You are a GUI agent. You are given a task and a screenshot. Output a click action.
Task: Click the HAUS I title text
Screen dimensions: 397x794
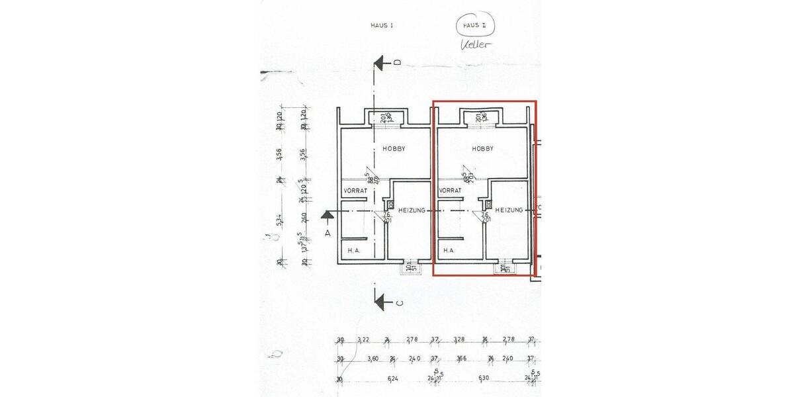(x=382, y=25)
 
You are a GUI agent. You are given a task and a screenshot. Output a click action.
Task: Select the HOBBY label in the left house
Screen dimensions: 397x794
(x=394, y=149)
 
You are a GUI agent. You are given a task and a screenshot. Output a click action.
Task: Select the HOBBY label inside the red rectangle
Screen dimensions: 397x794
(x=482, y=149)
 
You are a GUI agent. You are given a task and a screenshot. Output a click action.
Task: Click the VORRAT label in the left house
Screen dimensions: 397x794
(x=355, y=191)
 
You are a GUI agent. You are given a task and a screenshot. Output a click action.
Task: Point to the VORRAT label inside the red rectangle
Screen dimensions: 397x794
(x=450, y=190)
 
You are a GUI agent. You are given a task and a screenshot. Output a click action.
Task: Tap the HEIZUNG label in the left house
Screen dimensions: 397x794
(x=412, y=210)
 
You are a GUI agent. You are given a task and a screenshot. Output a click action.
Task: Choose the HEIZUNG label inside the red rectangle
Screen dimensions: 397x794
(x=509, y=210)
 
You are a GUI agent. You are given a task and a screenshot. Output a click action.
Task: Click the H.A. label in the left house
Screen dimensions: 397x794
(x=354, y=251)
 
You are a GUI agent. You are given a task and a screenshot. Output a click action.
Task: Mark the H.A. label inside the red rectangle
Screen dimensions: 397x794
(x=449, y=251)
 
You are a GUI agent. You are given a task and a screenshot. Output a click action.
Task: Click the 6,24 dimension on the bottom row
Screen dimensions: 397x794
(x=393, y=379)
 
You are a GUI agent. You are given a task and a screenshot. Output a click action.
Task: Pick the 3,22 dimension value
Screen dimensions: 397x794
(x=363, y=340)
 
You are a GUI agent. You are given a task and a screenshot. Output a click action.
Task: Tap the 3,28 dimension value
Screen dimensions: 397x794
(x=459, y=340)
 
